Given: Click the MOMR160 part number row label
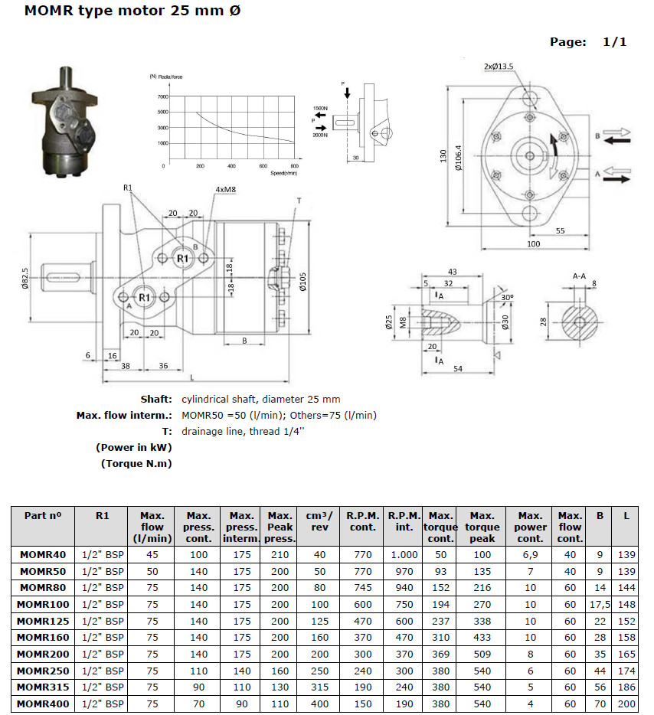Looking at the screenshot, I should click(x=42, y=638).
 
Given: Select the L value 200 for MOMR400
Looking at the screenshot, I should click(x=626, y=704).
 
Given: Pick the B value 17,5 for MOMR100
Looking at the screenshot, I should click(x=600, y=605).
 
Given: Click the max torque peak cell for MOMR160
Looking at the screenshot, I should click(x=482, y=638).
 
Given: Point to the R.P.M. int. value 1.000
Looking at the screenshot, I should click(x=404, y=555).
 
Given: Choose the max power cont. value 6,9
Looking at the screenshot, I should click(x=530, y=555).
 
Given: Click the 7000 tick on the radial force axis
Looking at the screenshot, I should click(x=163, y=97).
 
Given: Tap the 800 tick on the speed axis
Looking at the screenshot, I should click(x=295, y=166).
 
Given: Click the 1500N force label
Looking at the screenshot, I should click(x=320, y=109).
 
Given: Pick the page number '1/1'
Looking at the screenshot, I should click(x=614, y=42).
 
